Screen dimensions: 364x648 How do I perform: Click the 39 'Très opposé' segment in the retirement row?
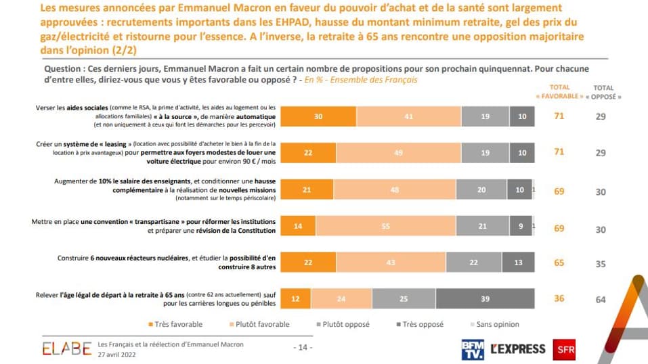(x=485, y=299)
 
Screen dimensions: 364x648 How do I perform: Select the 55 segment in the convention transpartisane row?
(x=385, y=227)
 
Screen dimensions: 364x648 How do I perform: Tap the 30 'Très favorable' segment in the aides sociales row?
(x=318, y=116)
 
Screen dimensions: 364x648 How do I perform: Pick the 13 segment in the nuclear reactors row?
(x=518, y=263)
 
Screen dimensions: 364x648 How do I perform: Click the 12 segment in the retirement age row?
(x=296, y=299)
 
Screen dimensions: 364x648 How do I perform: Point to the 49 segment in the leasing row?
(x=398, y=153)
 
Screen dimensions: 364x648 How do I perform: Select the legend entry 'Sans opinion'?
(x=496, y=325)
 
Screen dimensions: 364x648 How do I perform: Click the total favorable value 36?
(x=559, y=299)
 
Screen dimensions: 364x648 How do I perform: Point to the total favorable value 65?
(x=559, y=263)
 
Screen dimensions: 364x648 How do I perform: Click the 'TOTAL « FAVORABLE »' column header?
(x=559, y=91)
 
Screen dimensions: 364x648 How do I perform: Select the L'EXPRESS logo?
(x=518, y=348)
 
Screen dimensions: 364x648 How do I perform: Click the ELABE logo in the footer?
(x=66, y=348)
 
